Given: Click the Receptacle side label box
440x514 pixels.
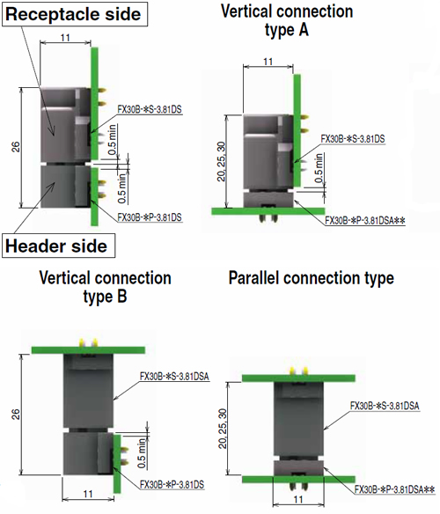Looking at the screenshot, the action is click(75, 14).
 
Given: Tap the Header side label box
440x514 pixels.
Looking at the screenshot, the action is click(58, 246).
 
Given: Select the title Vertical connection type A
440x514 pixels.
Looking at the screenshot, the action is click(287, 20).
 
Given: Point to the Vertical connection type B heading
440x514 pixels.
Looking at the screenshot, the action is click(105, 287).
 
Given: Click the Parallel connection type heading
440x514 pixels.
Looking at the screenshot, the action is click(312, 278).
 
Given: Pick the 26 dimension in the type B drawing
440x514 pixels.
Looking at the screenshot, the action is click(16, 414).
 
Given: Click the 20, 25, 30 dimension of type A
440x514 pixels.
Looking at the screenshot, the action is click(222, 161).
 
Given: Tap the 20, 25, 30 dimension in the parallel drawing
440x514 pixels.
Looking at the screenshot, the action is click(223, 429).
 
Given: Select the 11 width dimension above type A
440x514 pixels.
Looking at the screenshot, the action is click(268, 62).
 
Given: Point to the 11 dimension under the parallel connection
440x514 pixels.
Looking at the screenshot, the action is click(298, 500).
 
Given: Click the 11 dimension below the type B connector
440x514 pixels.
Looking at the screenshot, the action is click(88, 494).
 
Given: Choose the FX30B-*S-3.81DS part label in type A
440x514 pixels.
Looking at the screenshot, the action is click(353, 139).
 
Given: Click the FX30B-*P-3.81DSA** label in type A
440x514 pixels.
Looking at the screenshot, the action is click(365, 221).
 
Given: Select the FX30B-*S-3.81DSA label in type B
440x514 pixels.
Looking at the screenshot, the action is click(174, 377).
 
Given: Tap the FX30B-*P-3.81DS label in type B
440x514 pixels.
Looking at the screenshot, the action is click(172, 484).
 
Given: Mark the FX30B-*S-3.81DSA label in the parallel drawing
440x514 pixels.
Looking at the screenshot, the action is click(385, 406).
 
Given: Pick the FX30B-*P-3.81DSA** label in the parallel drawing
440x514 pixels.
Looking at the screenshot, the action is click(395, 489).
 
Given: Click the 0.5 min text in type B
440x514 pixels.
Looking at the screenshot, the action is click(142, 453).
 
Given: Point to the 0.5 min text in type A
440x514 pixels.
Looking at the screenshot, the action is click(319, 168).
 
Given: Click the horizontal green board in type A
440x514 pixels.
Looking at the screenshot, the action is click(268, 211).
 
